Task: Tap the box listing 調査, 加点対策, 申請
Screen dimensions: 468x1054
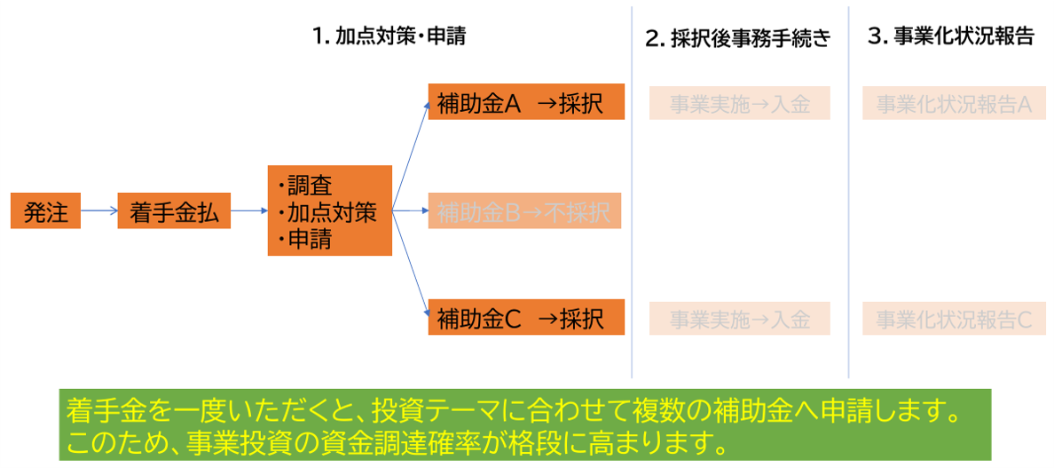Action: pyautogui.click(x=329, y=211)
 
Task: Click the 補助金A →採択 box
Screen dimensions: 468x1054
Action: pyautogui.click(x=526, y=102)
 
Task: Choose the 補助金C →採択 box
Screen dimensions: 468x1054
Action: pyautogui.click(x=526, y=317)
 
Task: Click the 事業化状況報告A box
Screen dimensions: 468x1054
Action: pyautogui.click(x=952, y=103)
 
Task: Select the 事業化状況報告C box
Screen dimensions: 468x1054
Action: pyautogui.click(x=952, y=319)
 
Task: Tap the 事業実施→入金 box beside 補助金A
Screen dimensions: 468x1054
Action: pyautogui.click(x=739, y=103)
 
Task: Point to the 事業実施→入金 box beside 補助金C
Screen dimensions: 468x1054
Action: pyautogui.click(x=739, y=319)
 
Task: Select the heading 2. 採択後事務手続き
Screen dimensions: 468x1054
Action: pyautogui.click(x=738, y=38)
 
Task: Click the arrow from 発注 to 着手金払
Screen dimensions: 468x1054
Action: pyautogui.click(x=98, y=211)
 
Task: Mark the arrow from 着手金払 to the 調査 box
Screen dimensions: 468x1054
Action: pyautogui.click(x=249, y=211)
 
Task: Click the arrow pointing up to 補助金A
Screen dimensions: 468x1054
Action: pyautogui.click(x=410, y=151)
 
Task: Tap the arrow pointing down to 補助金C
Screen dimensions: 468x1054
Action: pyautogui.click(x=410, y=266)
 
